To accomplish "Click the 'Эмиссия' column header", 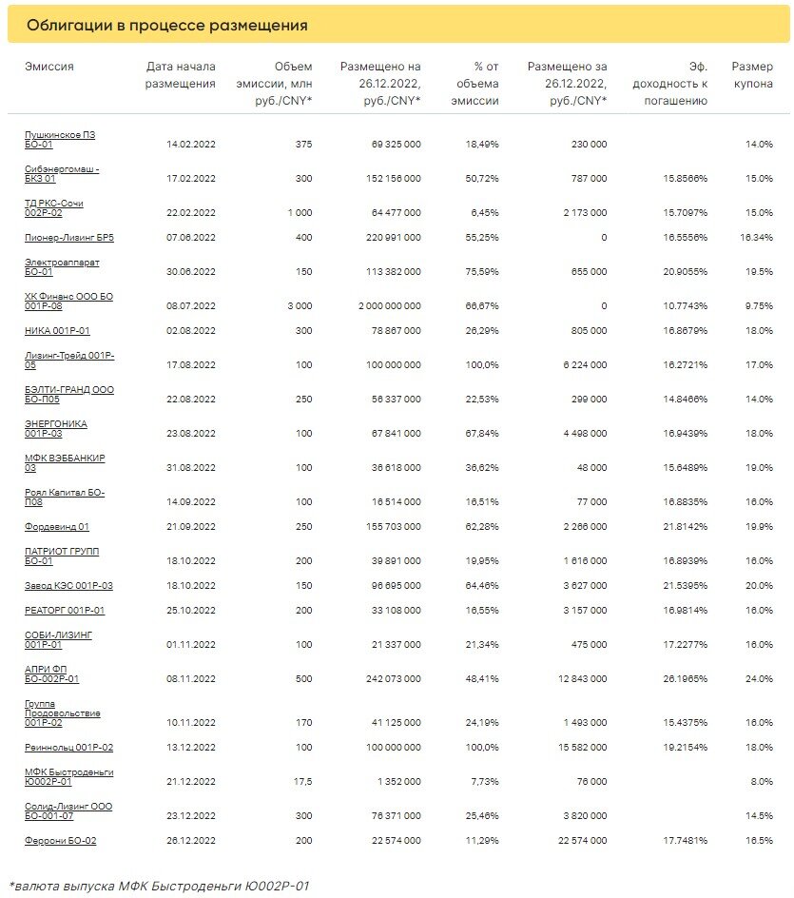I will click(49, 67).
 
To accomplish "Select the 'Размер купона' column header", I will click(751, 75).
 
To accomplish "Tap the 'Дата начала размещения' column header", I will click(181, 75).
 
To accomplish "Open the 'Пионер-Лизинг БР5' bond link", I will click(75, 237).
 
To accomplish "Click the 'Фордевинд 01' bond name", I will click(57, 526).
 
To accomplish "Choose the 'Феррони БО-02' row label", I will click(61, 840).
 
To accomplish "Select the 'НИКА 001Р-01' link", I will click(57, 330).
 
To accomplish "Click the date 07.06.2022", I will click(191, 238).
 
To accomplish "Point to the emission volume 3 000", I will click(299, 306).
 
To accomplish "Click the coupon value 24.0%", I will click(759, 679).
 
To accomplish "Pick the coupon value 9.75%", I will click(759, 306).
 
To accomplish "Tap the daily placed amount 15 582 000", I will click(578, 748).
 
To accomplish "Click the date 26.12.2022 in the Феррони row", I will click(191, 841).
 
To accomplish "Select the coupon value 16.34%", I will click(757, 238).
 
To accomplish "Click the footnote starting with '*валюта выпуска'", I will click(159, 886).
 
